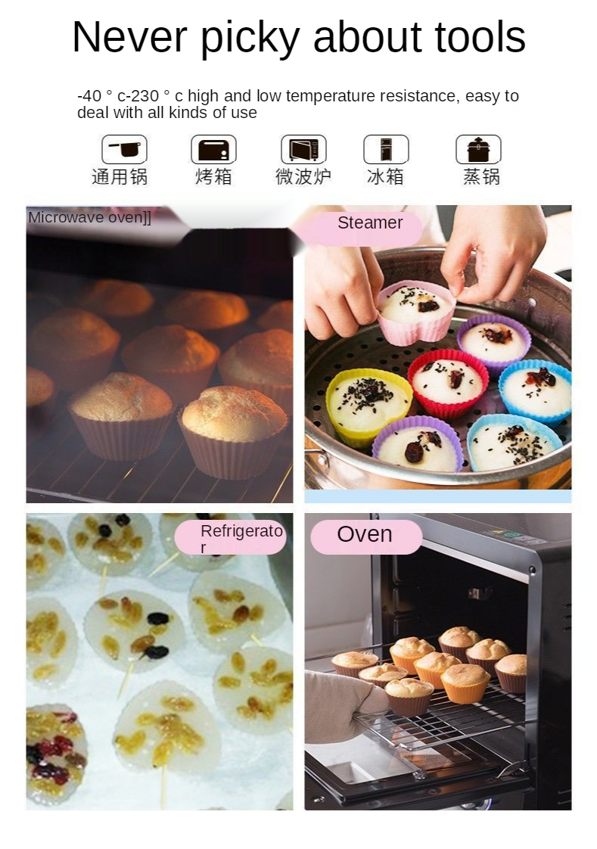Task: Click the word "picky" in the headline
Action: click(250, 38)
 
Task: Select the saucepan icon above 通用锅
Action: click(125, 149)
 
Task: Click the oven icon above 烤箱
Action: click(213, 149)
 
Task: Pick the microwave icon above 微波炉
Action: click(303, 149)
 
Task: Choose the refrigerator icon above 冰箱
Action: click(386, 149)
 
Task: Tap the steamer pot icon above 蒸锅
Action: click(478, 149)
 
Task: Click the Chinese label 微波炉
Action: click(303, 176)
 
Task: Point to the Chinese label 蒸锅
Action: click(481, 176)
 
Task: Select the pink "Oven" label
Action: click(366, 536)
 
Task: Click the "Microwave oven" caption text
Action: click(89, 218)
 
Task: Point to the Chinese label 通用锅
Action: click(120, 176)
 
